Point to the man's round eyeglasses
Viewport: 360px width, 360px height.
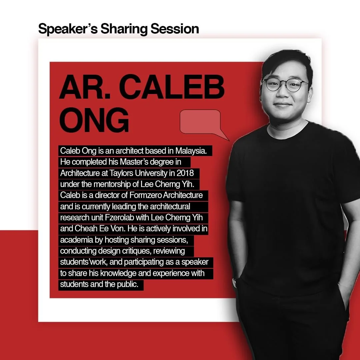point(285,85)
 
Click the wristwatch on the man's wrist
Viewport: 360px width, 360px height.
point(235,283)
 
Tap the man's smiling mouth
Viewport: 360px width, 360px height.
point(283,105)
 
